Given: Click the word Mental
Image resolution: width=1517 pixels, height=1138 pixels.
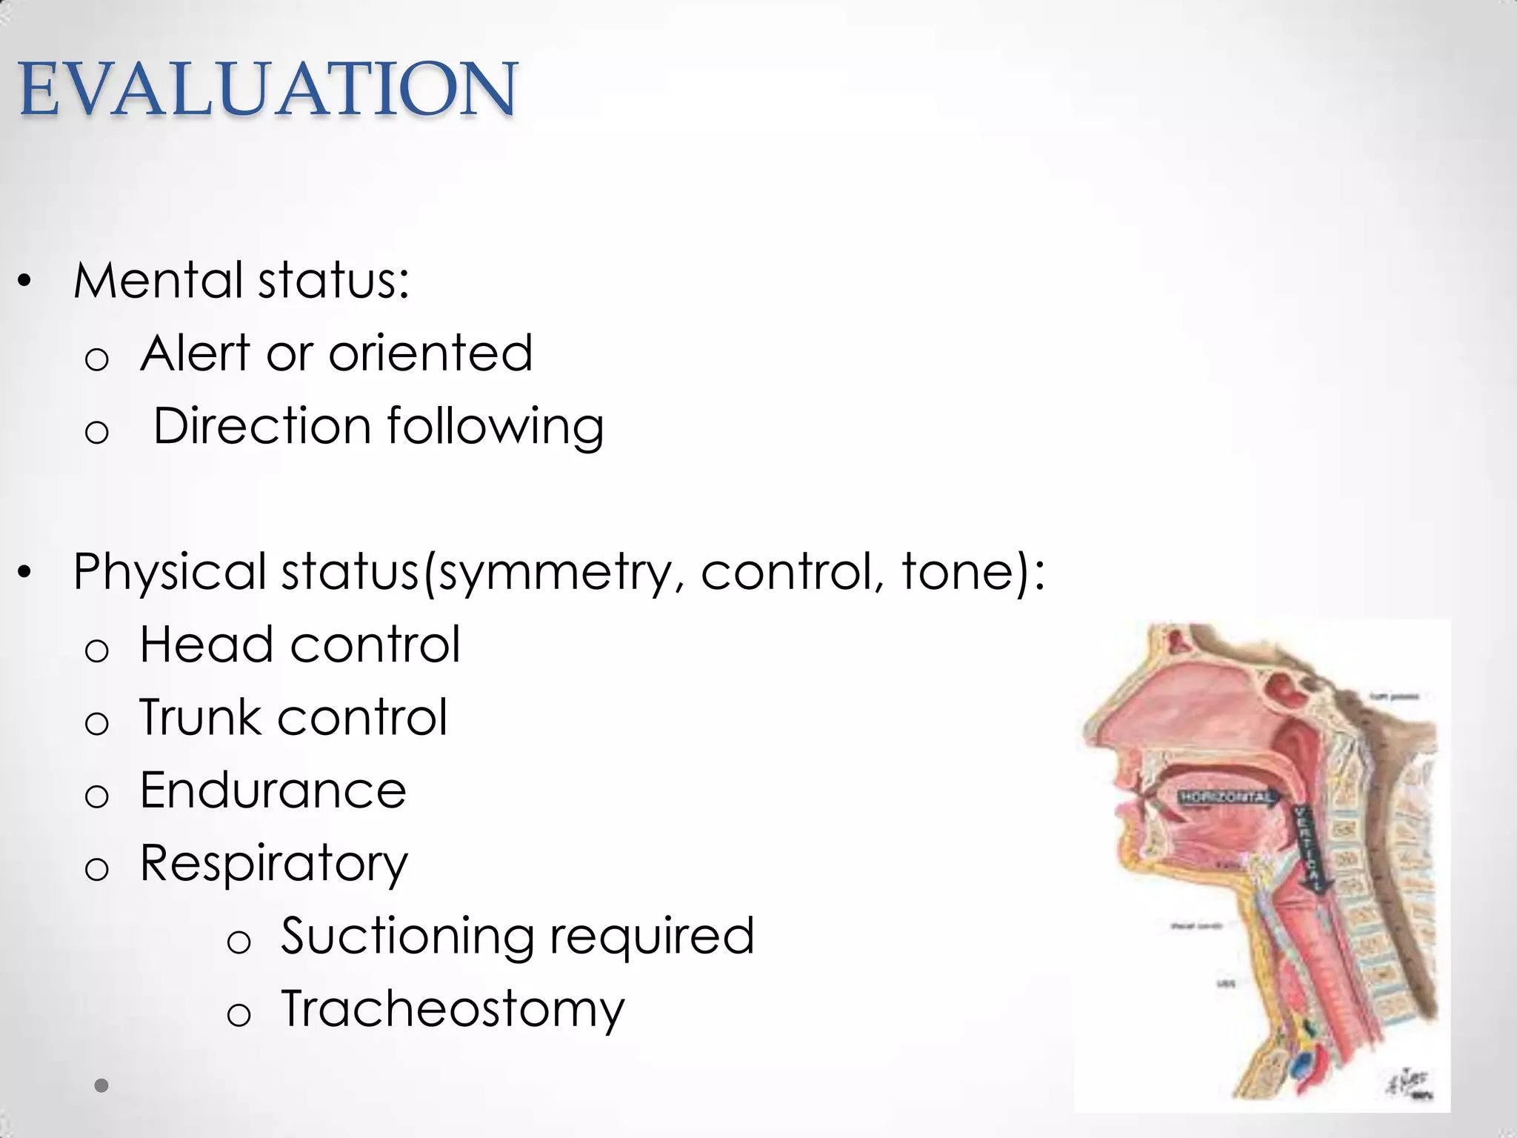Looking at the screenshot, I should point(158,281).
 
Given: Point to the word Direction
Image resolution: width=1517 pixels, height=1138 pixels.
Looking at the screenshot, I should point(261,427).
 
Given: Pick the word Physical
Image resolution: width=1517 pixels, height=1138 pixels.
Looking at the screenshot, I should point(170,572).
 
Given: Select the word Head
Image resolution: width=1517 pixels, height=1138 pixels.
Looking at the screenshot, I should point(207,644).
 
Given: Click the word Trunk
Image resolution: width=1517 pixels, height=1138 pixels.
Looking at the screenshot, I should point(199,717).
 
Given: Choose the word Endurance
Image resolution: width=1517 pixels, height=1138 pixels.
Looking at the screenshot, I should point(273,790).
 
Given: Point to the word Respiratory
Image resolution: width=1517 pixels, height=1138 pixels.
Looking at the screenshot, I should point(273,864).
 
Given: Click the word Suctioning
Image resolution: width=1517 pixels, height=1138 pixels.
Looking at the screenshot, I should point(407,936).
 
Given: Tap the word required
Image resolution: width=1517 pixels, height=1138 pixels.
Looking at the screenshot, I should point(651,936).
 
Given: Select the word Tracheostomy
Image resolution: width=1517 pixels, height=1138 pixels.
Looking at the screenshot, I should point(453,1009).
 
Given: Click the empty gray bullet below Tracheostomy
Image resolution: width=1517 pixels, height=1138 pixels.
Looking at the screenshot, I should point(102,1085).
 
